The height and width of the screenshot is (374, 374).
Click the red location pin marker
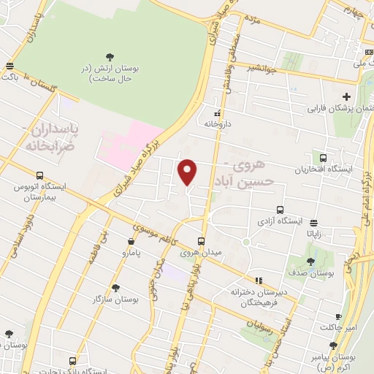[188, 172]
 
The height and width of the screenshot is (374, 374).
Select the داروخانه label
[217, 123]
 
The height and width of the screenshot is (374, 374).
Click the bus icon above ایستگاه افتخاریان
[323, 158]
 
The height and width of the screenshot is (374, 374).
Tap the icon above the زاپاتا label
[314, 223]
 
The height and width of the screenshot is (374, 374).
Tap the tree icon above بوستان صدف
[311, 262]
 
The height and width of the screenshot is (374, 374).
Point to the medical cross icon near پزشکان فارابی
[346, 96]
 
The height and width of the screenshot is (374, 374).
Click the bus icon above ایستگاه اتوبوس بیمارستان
[39, 175]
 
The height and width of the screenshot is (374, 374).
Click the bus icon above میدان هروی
[201, 241]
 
